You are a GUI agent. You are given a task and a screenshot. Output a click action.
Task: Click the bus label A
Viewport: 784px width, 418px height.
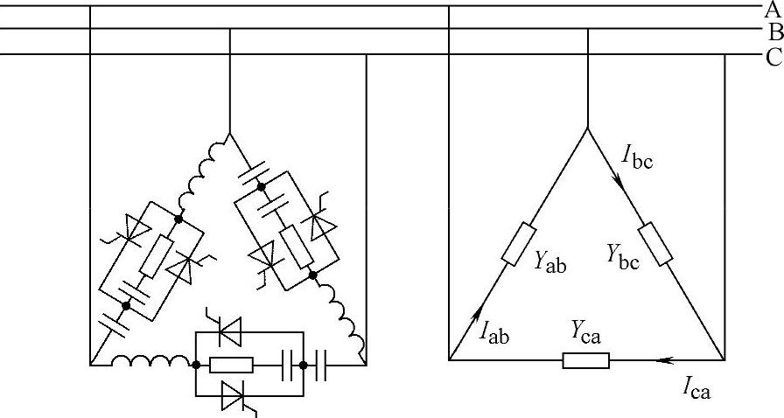773,10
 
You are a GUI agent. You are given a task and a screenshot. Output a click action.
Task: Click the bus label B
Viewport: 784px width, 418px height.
774,33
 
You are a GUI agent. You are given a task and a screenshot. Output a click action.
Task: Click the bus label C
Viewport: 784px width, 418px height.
773,58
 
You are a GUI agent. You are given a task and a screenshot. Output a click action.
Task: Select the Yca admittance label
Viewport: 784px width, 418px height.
586,331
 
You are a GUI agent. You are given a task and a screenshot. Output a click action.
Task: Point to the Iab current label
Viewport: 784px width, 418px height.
494,331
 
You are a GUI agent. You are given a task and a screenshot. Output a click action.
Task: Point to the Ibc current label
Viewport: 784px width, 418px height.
637,157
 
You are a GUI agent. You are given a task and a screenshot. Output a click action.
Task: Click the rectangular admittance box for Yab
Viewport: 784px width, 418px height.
519,243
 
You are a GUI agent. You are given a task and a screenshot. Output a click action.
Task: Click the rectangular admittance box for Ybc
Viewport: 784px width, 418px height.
655,243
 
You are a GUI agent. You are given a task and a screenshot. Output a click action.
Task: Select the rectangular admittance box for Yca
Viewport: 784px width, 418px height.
586,359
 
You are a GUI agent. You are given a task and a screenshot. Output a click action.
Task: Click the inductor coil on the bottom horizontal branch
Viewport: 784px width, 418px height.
151,359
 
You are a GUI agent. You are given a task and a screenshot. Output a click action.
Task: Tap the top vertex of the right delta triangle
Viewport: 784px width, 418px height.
587,129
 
